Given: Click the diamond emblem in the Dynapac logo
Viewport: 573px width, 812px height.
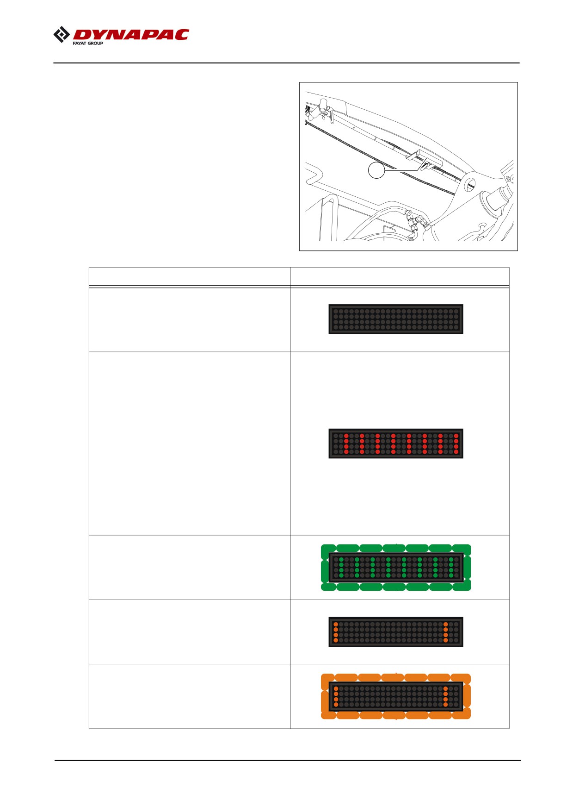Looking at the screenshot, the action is [x=62, y=35].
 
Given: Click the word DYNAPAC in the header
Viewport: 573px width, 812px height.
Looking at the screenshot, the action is [x=131, y=35].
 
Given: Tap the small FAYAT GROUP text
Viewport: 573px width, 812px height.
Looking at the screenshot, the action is [x=88, y=43].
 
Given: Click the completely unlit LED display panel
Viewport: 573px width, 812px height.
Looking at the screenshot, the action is [x=396, y=319].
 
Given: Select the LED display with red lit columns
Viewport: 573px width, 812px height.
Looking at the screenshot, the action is [x=396, y=443].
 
